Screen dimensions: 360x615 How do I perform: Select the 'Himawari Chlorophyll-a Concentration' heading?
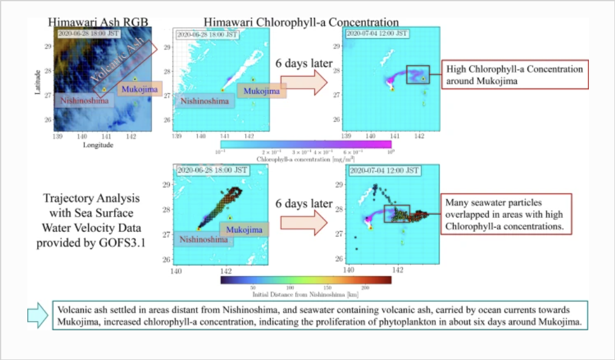coord(301,22)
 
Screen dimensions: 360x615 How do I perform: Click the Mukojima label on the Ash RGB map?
coord(140,90)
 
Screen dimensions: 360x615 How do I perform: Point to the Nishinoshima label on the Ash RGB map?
coord(83,101)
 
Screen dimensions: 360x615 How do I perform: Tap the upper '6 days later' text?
coord(304,63)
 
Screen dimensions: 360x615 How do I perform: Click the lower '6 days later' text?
coord(304,203)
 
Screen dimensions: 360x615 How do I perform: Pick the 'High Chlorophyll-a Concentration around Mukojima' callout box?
coord(514,75)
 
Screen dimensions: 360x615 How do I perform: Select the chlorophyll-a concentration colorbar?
coord(304,144)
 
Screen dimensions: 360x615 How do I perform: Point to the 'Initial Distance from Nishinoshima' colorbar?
coord(305,280)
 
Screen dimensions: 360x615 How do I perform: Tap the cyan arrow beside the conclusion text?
coord(38,315)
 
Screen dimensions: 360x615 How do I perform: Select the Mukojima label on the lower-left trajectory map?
coord(244,229)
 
